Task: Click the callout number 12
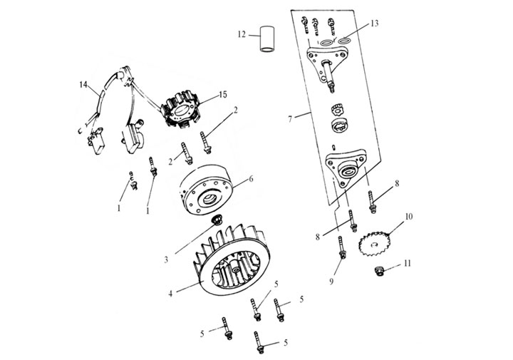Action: click(242, 34)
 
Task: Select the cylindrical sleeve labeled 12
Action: click(268, 40)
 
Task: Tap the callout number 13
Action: click(375, 24)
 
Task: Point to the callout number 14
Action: click(83, 86)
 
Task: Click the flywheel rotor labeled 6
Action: click(209, 193)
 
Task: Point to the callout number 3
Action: click(167, 259)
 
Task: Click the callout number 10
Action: click(409, 215)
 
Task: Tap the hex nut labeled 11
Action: click(380, 270)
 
